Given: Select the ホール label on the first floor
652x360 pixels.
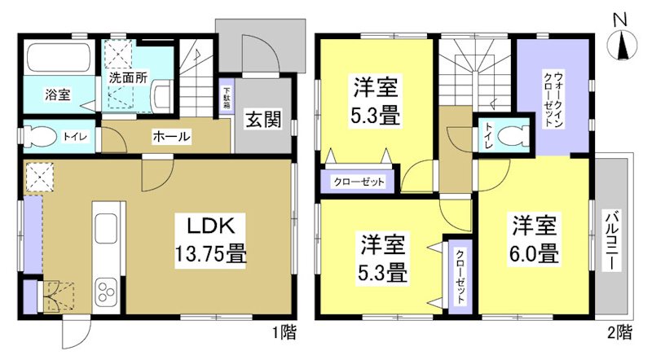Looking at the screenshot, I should (x=171, y=137).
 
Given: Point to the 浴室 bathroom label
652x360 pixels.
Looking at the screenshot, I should (x=57, y=94).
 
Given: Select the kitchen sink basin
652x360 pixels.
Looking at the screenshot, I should (x=107, y=229).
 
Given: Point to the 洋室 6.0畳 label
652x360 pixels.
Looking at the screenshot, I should (x=535, y=239).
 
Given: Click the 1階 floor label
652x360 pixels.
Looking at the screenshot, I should (x=284, y=331).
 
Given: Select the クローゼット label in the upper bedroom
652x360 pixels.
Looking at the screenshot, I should (x=358, y=181).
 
